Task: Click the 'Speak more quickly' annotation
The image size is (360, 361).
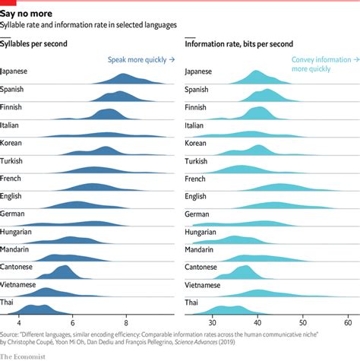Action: click(140, 59)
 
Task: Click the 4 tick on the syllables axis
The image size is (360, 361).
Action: click(20, 320)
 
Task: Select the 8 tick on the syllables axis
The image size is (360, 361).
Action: click(127, 320)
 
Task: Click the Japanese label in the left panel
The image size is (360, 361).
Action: click(16, 71)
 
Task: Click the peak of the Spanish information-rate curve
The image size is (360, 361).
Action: click(267, 90)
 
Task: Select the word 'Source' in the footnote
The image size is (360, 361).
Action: click(11, 333)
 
